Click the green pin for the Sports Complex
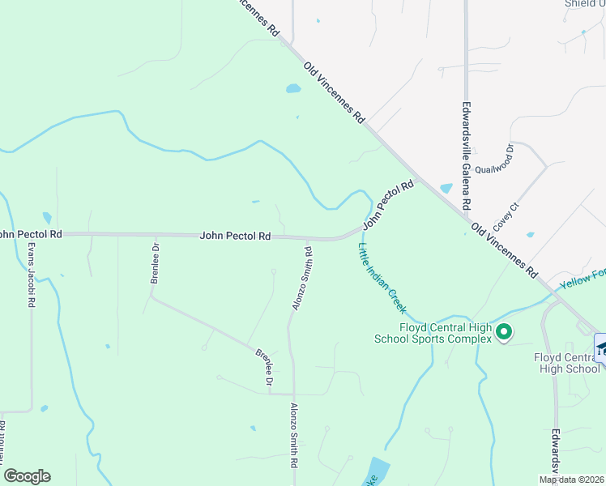(504, 331)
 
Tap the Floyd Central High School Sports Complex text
(433, 333)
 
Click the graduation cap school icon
(601, 347)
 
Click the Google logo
(27, 476)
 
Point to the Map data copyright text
(572, 480)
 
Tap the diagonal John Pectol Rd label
(388, 204)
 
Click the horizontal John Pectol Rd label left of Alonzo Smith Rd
(235, 236)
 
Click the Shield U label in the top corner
(585, 3)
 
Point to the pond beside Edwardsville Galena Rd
(446, 188)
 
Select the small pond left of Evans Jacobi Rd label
(46, 217)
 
